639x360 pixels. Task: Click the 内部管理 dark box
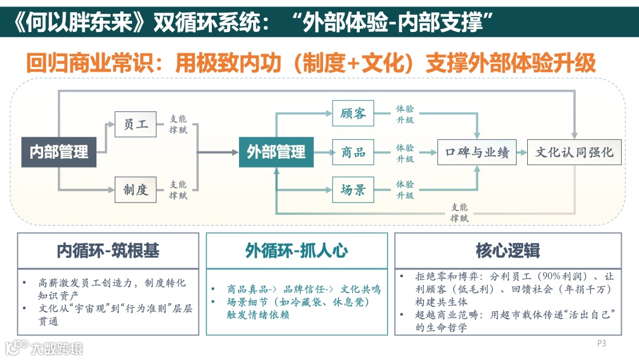[59, 152]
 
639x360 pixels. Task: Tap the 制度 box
[135, 189]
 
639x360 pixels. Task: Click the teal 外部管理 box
[276, 152]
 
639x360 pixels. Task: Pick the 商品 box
[353, 152]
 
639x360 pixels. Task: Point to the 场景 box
[353, 190]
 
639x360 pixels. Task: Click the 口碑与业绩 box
[477, 152]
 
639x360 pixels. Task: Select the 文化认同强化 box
[575, 152]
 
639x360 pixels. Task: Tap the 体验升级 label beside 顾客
[405, 114]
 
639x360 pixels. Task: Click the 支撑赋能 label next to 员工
[178, 124]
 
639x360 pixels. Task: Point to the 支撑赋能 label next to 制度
[178, 190]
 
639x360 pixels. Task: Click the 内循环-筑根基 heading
[108, 250]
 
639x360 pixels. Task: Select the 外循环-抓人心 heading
[296, 250]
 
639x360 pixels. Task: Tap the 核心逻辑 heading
[508, 250]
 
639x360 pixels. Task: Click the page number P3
[602, 343]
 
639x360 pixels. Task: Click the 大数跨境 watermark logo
[44, 348]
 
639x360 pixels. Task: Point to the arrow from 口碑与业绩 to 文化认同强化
[522, 152]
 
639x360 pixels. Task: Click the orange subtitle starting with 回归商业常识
[311, 64]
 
